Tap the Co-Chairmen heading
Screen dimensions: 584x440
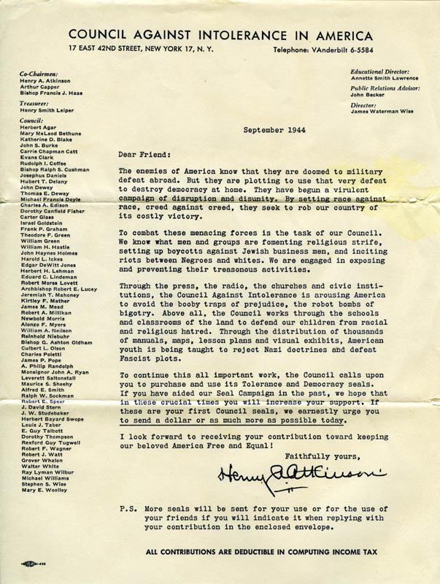39,74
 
